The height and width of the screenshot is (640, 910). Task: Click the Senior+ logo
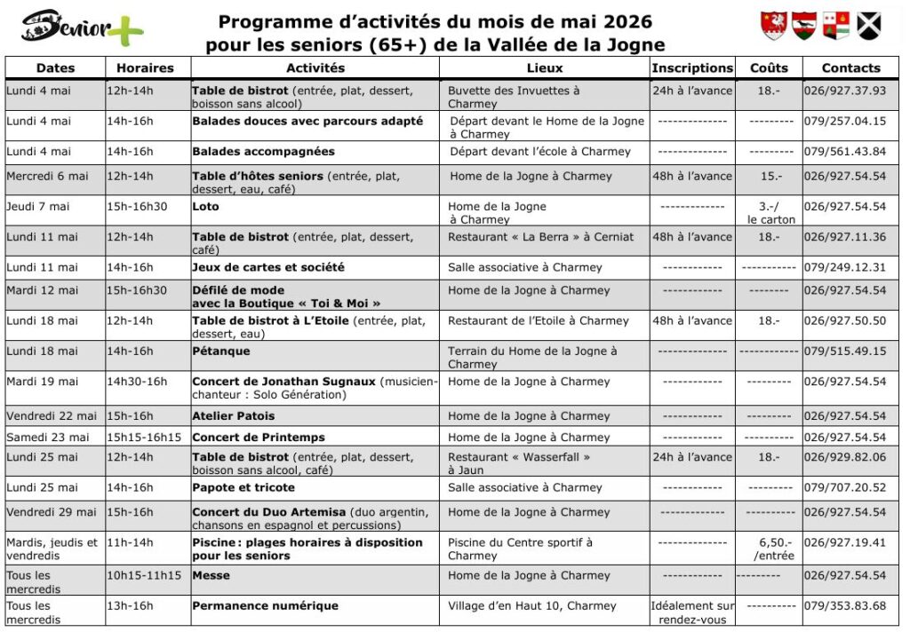(x=82, y=28)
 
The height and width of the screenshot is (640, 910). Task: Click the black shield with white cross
(x=866, y=25)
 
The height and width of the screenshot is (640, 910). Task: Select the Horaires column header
(x=146, y=68)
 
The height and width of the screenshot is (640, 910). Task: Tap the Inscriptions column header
(x=692, y=68)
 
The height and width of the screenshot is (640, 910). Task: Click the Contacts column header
(x=850, y=68)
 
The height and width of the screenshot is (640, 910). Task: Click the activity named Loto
(x=205, y=207)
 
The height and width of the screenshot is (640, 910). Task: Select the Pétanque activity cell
(x=221, y=352)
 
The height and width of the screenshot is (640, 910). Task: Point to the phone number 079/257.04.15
(x=845, y=122)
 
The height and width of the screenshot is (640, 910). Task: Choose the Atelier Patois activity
(x=234, y=416)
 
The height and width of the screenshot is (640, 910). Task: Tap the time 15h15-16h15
(x=144, y=438)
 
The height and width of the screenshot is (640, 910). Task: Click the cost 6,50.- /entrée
(x=770, y=549)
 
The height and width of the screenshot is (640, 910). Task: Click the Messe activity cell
(x=212, y=576)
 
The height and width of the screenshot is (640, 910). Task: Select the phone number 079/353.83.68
(x=845, y=606)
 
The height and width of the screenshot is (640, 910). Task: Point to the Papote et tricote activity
(x=243, y=488)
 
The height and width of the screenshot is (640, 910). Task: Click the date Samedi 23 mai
(x=48, y=438)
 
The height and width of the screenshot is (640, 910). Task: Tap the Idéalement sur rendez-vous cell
(x=692, y=612)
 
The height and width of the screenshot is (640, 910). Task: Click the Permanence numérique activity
(x=265, y=606)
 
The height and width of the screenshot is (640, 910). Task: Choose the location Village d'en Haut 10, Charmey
(x=531, y=606)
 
